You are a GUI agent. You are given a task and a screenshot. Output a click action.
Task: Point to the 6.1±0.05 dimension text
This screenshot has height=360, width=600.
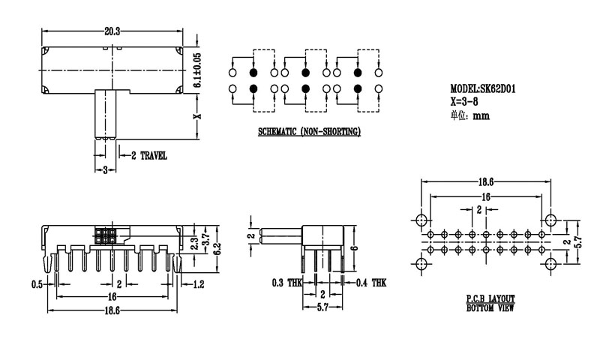tap(197, 72)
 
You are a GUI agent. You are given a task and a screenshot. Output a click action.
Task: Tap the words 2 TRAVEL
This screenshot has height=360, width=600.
tap(149, 156)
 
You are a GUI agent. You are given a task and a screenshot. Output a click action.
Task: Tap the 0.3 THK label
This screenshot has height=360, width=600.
tap(286, 283)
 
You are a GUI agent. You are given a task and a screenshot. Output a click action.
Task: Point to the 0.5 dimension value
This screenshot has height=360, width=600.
tap(36, 283)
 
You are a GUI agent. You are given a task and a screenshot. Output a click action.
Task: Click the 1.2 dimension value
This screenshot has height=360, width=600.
tap(199, 283)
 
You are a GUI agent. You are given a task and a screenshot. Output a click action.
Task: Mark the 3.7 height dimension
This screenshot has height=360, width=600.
tap(205, 239)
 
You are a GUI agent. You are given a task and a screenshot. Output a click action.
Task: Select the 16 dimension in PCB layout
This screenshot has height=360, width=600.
tap(486, 196)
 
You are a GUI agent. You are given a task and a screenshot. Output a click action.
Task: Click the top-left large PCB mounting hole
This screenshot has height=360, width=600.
tap(420, 220)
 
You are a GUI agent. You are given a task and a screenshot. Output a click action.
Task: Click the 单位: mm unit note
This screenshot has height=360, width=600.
tap(470, 115)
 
